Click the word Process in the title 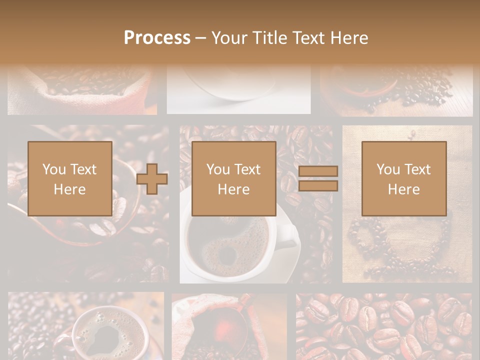157,38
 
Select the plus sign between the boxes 152,179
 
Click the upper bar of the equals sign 318,171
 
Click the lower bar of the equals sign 318,186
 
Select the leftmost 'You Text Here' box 69,178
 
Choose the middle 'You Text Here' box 233,178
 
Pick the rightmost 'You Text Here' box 403,178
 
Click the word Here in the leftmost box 69,189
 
